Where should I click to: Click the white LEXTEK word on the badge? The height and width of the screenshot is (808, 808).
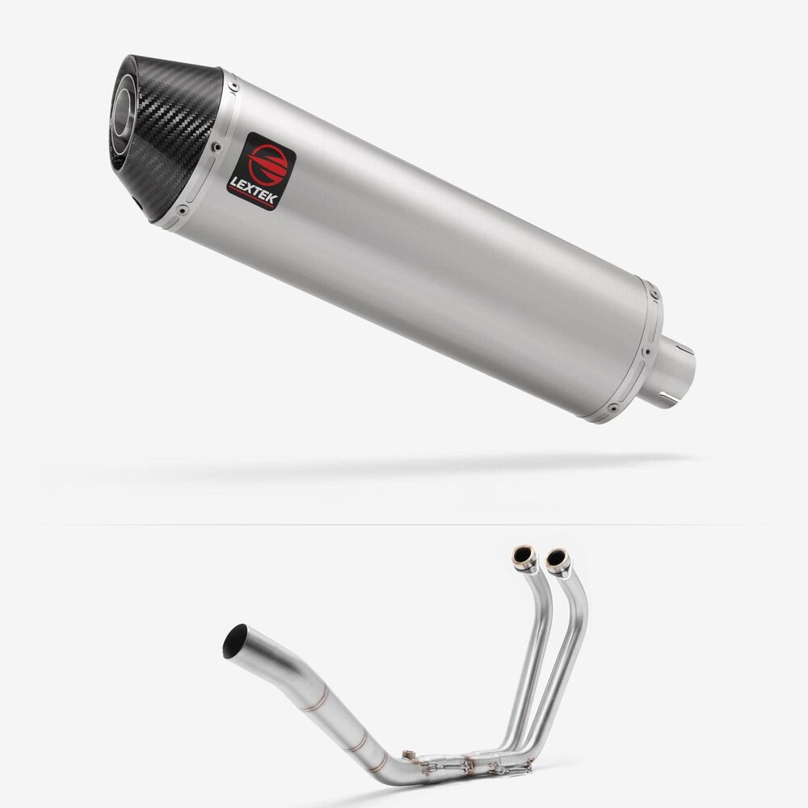click(x=254, y=190)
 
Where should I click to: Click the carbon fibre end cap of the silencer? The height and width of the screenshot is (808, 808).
click(x=166, y=137)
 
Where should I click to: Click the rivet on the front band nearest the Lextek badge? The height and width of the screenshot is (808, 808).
click(x=217, y=147)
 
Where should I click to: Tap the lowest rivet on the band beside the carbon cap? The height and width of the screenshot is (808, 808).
click(x=181, y=210)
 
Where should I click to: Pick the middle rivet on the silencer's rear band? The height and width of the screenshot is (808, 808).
click(x=645, y=352)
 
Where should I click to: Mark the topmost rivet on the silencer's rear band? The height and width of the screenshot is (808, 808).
click(x=654, y=295)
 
